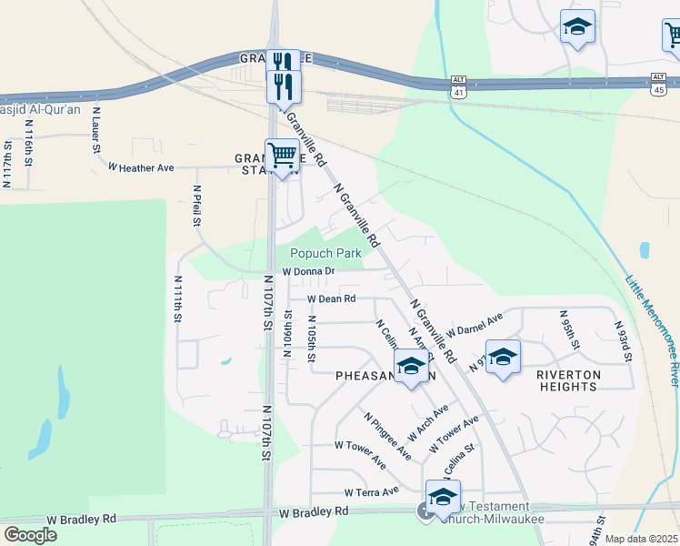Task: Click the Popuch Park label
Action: click(325, 253)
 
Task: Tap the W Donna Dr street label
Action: click(308, 271)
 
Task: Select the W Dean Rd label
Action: click(331, 298)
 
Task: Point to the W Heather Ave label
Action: click(140, 167)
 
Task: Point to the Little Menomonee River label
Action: click(651, 327)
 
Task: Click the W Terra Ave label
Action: click(372, 492)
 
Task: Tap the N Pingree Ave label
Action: click(387, 436)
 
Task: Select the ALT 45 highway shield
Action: click(659, 84)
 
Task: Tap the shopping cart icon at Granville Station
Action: click(283, 156)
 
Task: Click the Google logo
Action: click(30, 535)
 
